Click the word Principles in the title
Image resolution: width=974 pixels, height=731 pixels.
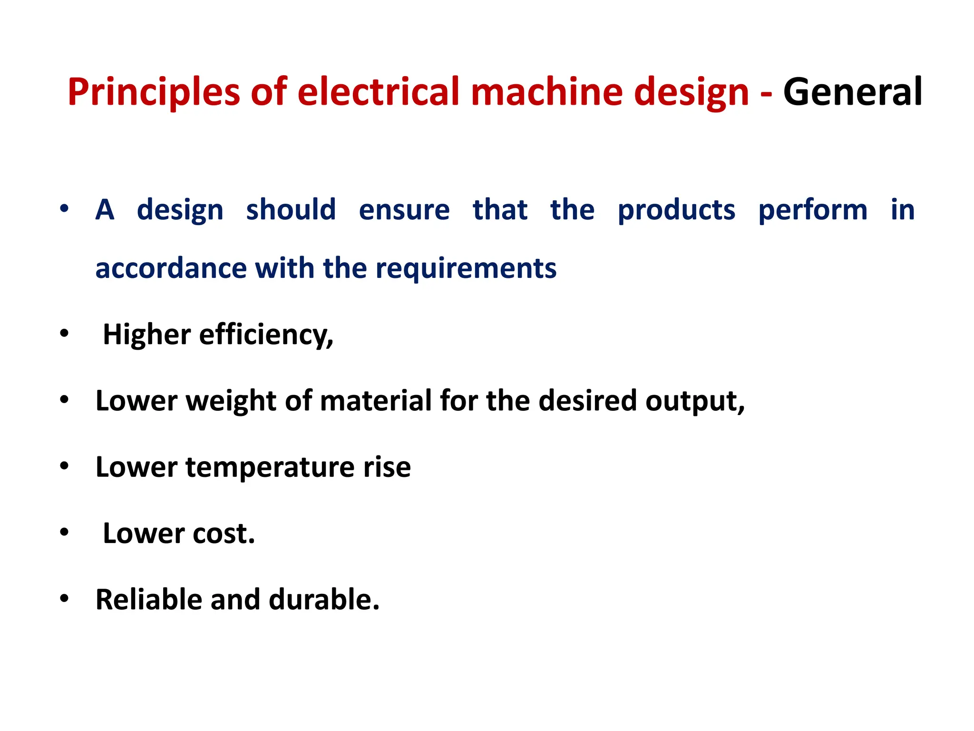pyautogui.click(x=154, y=92)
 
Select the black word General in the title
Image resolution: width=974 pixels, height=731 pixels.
pyautogui.click(x=852, y=92)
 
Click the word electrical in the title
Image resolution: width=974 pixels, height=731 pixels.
pyautogui.click(x=379, y=92)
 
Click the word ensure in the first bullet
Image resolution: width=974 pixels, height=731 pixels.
pyautogui.click(x=404, y=210)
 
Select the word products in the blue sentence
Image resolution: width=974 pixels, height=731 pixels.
pyautogui.click(x=676, y=210)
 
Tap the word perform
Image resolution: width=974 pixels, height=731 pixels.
pyautogui.click(x=813, y=210)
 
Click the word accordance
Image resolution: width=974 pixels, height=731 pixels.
pyautogui.click(x=171, y=268)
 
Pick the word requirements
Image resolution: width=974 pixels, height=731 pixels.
pyautogui.click(x=466, y=268)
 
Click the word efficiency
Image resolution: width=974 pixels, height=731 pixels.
pyautogui.click(x=266, y=335)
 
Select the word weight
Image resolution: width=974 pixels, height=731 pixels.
pyautogui.click(x=231, y=401)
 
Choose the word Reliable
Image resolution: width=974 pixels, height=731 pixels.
pyautogui.click(x=149, y=599)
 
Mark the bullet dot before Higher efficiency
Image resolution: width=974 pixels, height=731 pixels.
pyautogui.click(x=64, y=334)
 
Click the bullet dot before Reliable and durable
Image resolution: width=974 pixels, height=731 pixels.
pyautogui.click(x=64, y=599)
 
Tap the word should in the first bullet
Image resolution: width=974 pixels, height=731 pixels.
pyautogui.click(x=291, y=210)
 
